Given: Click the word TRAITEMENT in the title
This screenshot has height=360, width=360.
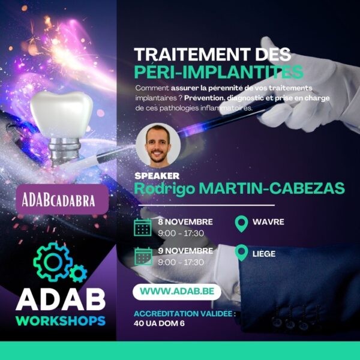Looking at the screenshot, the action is coord(193,55).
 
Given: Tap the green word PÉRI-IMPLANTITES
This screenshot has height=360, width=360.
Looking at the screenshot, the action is coord(219,72).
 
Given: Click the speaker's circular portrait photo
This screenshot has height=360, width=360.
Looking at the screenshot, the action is coord(158,145).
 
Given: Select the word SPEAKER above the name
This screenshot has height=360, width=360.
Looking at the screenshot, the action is coord(157,176).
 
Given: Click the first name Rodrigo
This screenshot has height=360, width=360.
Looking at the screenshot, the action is coord(164,189).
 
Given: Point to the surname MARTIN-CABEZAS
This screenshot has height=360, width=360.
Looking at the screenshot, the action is coord(272,188).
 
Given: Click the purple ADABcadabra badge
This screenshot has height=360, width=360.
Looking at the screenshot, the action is coord(62,199).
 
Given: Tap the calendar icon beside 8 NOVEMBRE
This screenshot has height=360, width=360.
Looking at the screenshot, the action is coord(143,227).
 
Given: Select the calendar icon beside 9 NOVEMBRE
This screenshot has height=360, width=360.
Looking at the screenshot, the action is coord(143,256).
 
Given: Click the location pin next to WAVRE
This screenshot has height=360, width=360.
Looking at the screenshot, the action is coord(242,224).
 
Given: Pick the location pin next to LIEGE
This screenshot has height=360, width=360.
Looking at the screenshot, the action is coord(242,253).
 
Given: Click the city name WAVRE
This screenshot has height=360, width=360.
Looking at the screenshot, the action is coord(268,222).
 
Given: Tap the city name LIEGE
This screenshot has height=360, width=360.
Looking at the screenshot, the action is coord(264,254).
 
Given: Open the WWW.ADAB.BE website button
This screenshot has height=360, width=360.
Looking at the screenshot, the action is coord(177,292).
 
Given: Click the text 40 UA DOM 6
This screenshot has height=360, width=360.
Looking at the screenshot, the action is coord(159,323).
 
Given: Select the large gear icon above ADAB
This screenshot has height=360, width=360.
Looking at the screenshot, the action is coord(53,262).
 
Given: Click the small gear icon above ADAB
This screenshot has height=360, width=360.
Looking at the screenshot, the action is coord(78,273).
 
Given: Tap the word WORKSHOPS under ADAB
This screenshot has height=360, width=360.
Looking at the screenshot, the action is coord(61,321).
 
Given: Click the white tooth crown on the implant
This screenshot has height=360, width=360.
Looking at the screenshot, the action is coord(62,115).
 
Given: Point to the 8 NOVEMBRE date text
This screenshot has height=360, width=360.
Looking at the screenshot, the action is coord(185,222).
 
